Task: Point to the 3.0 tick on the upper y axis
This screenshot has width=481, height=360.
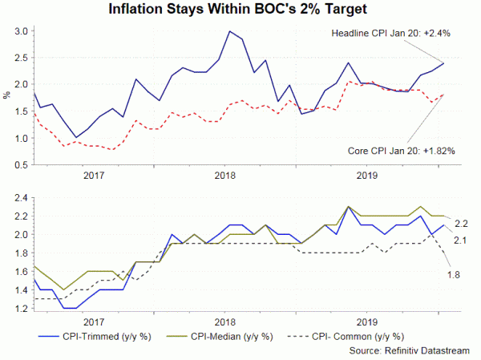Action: click(x=22, y=31)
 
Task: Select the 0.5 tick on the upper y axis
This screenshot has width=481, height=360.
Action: click(x=22, y=165)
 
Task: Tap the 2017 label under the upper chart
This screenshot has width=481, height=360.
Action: click(x=93, y=176)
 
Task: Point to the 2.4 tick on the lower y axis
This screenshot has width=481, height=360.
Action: click(x=22, y=198)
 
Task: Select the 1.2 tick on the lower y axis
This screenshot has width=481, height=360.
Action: click(x=22, y=309)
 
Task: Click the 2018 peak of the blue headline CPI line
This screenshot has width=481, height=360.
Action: click(x=230, y=31)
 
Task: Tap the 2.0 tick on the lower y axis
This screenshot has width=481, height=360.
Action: click(x=22, y=235)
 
